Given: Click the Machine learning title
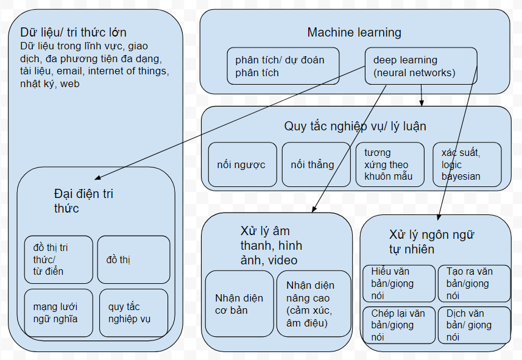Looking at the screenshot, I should (x=354, y=32).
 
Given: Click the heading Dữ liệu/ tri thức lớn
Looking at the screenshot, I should (x=73, y=32).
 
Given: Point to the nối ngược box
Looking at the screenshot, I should (x=241, y=164).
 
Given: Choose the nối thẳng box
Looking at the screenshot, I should (x=312, y=164).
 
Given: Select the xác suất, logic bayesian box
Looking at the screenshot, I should (x=467, y=164).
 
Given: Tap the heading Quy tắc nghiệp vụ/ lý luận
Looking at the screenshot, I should (x=355, y=126).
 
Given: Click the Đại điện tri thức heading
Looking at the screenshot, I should (x=83, y=201).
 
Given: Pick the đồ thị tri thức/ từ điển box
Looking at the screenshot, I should (x=58, y=259).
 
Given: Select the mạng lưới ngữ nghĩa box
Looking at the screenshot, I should (x=58, y=312).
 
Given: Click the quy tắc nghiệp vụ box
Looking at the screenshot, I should (x=133, y=312).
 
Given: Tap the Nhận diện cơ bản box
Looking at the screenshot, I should (x=239, y=304).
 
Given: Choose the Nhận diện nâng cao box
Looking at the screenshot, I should (x=314, y=304).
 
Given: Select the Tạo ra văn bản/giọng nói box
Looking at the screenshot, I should (x=474, y=283).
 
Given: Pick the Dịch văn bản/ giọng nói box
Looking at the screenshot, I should (x=474, y=325).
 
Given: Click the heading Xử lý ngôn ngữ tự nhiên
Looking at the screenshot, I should (x=431, y=242).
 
